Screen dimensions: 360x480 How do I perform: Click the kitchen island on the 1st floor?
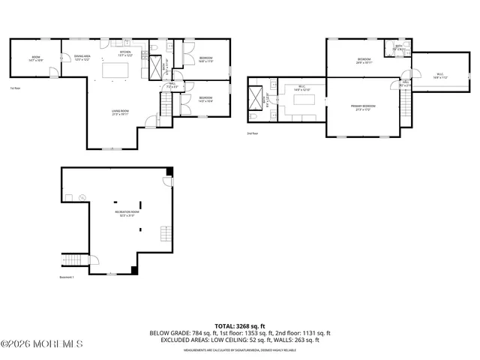tap(115, 70)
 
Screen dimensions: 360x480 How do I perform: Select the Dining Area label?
tap(81, 58)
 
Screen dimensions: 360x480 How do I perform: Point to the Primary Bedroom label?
tap(364, 107)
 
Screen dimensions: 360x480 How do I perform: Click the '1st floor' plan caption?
tap(14, 88)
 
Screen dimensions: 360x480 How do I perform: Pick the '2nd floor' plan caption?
tap(252, 133)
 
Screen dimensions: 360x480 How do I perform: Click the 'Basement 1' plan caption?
tap(67, 277)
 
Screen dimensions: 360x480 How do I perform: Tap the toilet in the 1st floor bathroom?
tap(153, 52)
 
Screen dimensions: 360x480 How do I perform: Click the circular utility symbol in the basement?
tap(82, 198)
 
